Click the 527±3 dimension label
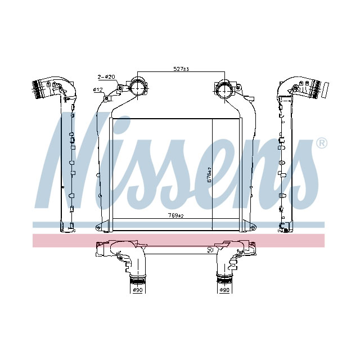point(181,69)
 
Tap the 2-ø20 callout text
point(106,76)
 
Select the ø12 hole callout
point(97,89)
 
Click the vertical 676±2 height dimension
point(209,175)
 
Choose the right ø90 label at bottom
point(224,291)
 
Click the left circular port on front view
point(137,88)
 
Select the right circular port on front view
point(224,89)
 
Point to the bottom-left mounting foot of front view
point(100,227)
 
